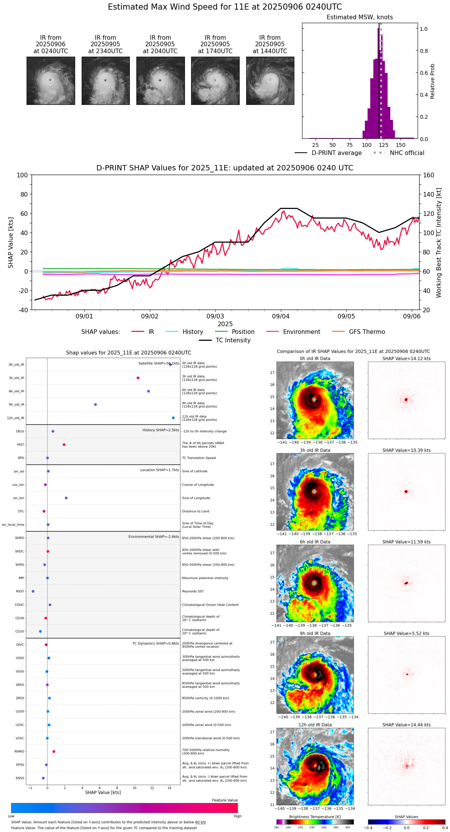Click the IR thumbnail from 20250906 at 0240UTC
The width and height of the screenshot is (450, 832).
(50, 81)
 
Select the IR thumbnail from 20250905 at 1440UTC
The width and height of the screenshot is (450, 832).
(270, 81)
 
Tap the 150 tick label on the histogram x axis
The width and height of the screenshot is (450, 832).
(401, 145)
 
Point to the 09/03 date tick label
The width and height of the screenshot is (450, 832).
(215, 317)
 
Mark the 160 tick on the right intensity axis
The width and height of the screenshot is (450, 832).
(429, 175)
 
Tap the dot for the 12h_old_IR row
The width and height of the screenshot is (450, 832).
(173, 418)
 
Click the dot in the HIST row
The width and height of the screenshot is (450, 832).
(64, 445)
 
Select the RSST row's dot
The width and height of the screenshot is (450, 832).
(33, 591)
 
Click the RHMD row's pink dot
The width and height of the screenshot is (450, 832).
(54, 751)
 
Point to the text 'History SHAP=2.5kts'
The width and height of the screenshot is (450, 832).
(161, 430)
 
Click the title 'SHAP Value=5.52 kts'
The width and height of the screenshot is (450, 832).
(406, 633)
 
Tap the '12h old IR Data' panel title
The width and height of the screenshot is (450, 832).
(315, 725)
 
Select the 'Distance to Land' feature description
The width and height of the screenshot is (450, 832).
(195, 511)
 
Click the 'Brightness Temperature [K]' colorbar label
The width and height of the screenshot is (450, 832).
(315, 817)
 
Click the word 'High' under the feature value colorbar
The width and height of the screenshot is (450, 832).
(237, 816)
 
